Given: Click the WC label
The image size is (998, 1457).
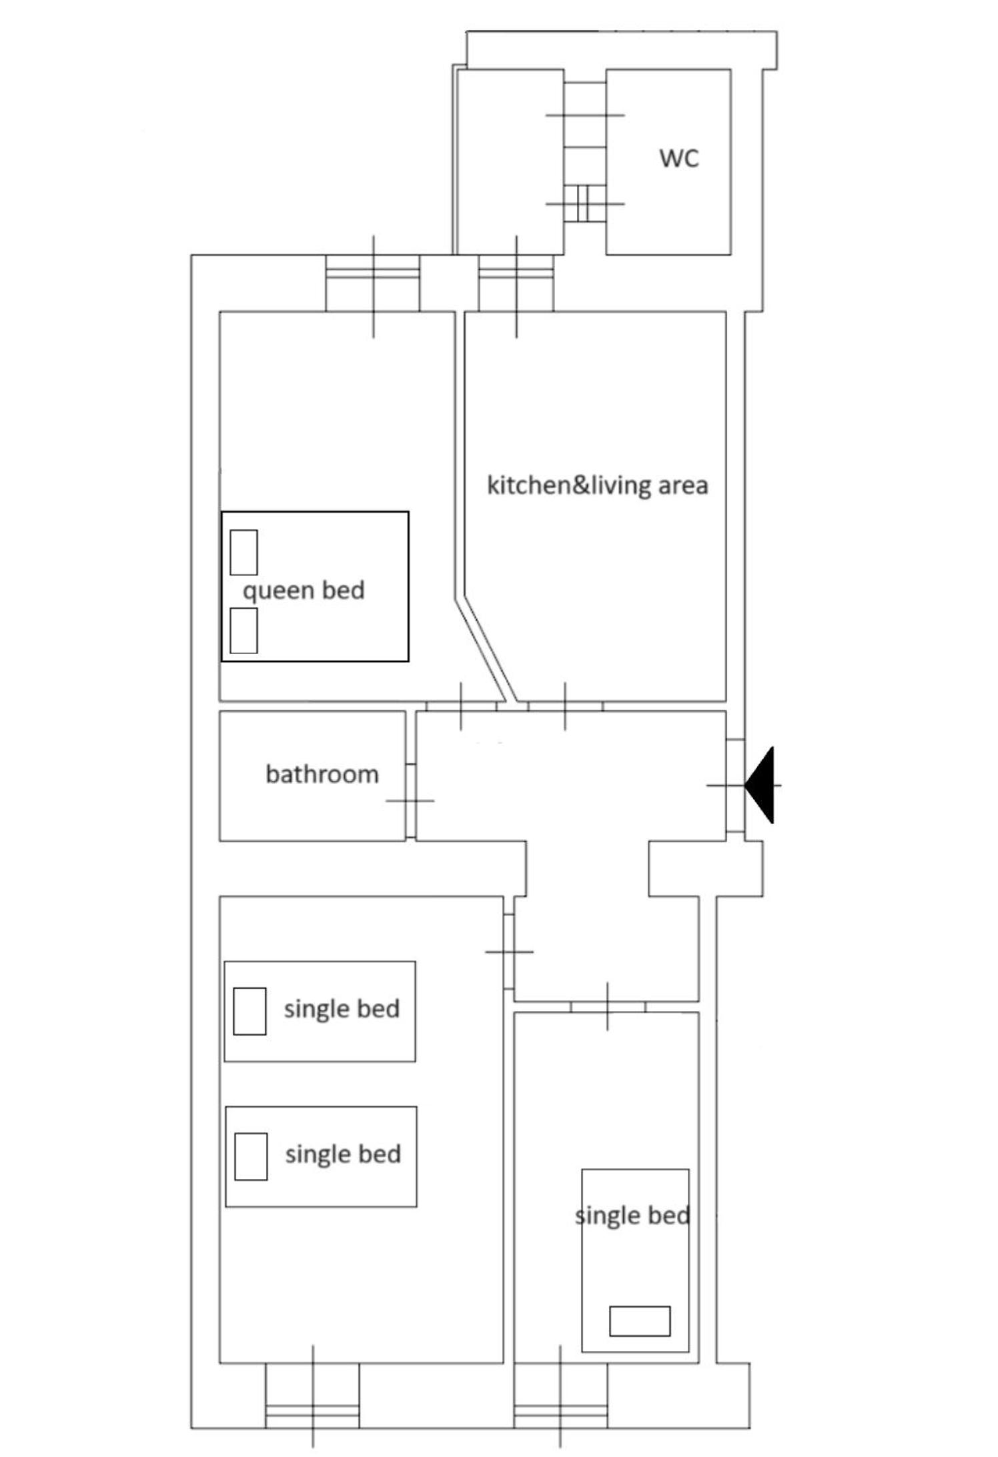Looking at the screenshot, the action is (679, 159).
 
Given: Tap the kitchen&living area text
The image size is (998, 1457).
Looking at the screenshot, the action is (598, 485).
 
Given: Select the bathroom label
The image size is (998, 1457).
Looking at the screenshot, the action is (322, 774).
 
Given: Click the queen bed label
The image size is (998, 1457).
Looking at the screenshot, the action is (304, 591).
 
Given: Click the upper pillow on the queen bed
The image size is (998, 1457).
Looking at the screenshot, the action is (243, 552).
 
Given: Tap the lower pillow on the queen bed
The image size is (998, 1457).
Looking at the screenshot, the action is (243, 630).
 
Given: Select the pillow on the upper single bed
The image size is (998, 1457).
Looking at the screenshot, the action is (249, 1011).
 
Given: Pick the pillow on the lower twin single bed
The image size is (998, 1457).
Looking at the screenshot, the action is (251, 1156).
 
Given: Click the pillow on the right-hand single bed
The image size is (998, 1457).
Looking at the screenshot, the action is (640, 1321).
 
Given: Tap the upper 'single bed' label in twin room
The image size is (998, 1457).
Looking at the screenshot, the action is (342, 1009).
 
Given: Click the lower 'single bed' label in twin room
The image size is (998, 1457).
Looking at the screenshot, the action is (343, 1154).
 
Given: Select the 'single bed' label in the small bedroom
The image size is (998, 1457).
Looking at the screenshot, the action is (632, 1216).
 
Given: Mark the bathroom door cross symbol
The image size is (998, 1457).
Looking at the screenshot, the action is (410, 800).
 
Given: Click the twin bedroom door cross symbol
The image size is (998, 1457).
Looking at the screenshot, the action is (509, 952).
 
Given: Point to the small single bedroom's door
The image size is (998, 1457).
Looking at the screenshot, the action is (607, 1006).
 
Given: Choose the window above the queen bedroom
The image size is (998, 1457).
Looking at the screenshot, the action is (373, 283).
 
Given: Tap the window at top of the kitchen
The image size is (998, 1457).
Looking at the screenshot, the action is (516, 283).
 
